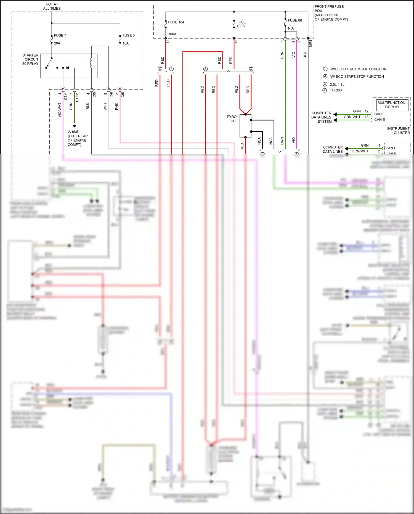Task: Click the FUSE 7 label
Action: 60,35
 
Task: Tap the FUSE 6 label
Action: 128,35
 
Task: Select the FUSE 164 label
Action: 176,22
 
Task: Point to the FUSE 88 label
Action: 295,20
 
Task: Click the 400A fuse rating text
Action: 240,26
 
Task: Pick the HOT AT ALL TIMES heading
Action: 52,6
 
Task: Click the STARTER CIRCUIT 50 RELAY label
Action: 30,59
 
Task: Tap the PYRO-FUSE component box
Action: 245,126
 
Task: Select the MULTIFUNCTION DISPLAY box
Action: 392,105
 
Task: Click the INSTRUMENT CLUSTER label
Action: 398,131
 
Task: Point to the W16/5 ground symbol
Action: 74,126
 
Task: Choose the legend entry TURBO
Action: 336,90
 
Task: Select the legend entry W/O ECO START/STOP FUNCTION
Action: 358,69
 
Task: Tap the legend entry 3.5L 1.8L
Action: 337,85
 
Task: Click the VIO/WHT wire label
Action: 60,110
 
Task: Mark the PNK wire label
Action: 117,106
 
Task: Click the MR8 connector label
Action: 310,43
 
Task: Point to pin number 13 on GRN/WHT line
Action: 367,117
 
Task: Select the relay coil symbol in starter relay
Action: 91,63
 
